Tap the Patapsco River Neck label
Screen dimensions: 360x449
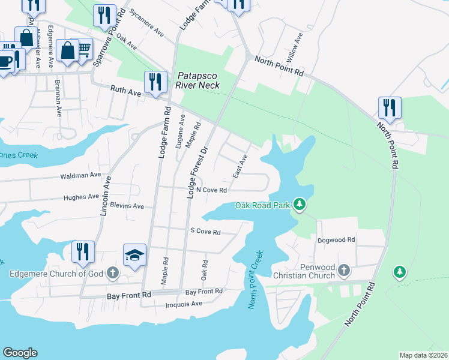[197, 80]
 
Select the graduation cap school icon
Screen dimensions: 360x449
[135, 254]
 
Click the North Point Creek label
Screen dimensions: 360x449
[256, 280]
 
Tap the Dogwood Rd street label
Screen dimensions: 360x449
[337, 239]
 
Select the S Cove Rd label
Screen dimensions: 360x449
[206, 232]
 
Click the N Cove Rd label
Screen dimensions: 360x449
[211, 190]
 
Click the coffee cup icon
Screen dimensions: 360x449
[5, 61]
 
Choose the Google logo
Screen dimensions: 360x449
[20, 353]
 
